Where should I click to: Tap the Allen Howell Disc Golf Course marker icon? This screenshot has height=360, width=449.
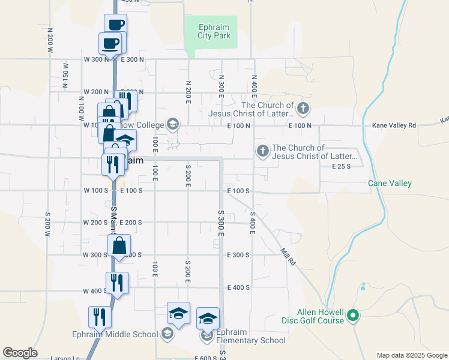(x=354, y=315)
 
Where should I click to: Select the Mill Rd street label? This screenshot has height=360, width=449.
(x=289, y=256)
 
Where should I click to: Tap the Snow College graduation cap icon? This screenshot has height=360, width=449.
(x=173, y=124)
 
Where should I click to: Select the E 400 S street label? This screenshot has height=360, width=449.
(x=238, y=287)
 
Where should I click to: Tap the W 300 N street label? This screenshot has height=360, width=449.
(x=97, y=59)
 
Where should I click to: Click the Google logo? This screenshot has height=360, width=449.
(x=20, y=353)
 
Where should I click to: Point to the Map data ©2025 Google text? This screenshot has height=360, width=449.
(x=412, y=355)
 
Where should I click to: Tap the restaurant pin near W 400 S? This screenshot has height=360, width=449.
(x=117, y=282)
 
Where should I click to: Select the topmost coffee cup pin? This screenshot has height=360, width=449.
(x=116, y=25)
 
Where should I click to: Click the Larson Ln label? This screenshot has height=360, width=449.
(x=65, y=358)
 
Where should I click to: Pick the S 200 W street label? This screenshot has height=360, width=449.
(x=47, y=224)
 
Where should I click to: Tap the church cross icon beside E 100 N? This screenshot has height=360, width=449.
(x=303, y=109)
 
